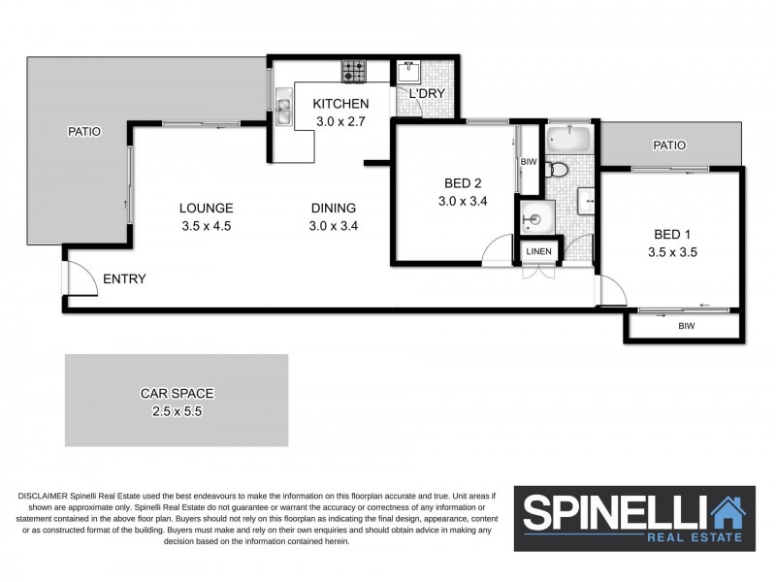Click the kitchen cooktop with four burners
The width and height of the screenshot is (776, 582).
point(353,71)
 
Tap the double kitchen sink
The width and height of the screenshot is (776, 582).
point(284,107)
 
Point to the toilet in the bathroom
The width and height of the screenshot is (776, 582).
point(556,170)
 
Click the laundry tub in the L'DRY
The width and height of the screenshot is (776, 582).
point(408,72)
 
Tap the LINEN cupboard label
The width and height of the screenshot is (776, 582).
point(538,251)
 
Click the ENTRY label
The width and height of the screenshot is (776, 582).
point(124,279)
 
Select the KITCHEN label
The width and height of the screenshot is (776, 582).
point(340,104)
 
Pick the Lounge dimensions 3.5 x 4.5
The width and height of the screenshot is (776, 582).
point(207,226)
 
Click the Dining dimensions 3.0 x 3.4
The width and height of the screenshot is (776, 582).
point(334,226)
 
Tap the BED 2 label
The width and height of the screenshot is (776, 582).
point(463,183)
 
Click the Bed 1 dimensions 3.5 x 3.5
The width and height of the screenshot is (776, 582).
point(672,252)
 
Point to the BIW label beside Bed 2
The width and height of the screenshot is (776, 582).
point(529,162)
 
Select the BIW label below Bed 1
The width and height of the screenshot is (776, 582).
point(687,326)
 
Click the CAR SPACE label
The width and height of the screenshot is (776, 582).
point(178,394)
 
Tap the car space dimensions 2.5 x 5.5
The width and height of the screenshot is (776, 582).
point(178,411)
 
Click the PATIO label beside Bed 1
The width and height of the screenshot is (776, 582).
point(669,145)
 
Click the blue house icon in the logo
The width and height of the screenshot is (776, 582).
point(728,513)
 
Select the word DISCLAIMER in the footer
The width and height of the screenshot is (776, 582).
point(43,496)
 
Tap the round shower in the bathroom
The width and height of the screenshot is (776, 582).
point(537,217)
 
